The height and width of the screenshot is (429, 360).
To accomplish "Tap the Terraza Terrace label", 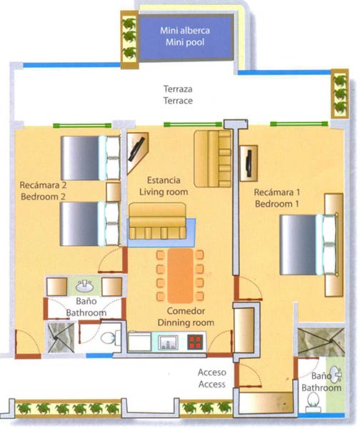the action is point(178,94).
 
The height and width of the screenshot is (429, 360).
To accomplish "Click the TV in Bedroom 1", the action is point(249,163).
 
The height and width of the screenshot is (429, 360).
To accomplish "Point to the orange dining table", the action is point(180,275).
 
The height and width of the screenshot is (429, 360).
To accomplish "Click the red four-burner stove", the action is point(196,342).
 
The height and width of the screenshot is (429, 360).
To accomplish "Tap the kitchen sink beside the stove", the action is point(168,342).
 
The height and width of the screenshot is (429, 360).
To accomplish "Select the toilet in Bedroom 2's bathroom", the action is point(111,338).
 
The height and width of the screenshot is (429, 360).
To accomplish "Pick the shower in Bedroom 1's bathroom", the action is point(321,342).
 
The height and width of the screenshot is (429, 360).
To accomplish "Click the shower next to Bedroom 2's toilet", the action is point(61,337).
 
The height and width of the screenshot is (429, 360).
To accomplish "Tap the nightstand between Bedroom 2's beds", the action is point(113,192).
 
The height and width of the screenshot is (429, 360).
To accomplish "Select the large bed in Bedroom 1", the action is point(309,245).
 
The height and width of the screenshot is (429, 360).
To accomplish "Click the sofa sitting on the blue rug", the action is point(157,221).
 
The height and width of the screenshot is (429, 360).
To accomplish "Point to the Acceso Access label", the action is point(212,378).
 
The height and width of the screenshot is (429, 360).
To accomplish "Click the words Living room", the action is point(164,192).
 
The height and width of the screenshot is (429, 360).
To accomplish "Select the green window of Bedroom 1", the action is point(299,124).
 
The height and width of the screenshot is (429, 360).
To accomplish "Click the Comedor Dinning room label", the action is point(186,317).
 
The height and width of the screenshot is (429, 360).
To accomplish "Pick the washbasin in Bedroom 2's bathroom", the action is point(84,286).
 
